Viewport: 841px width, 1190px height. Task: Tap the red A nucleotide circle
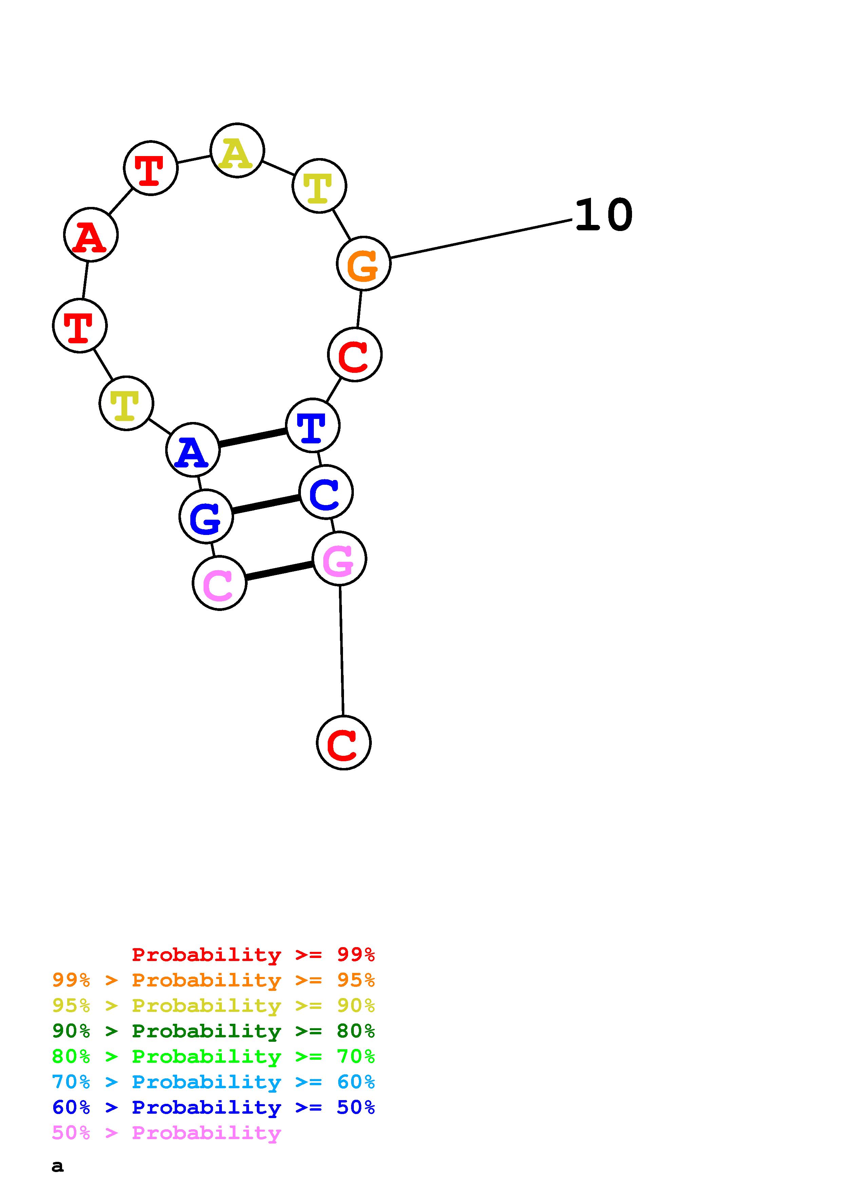pyautogui.click(x=91, y=235)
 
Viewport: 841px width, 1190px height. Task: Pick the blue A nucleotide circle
pyautogui.click(x=193, y=450)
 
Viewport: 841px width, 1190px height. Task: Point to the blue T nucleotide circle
pyautogui.click(x=312, y=425)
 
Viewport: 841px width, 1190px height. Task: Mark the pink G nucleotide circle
pyautogui.click(x=339, y=559)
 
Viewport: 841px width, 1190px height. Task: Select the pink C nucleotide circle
pyautogui.click(x=219, y=583)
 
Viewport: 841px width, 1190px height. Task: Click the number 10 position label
pyautogui.click(x=604, y=215)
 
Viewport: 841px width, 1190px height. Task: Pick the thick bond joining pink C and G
pyautogui.click(x=279, y=571)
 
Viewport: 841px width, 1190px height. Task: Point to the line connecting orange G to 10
pyautogui.click(x=481, y=238)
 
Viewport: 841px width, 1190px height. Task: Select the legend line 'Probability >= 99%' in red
pyautogui.click(x=253, y=955)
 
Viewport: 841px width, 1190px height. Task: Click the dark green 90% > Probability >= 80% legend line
pyautogui.click(x=213, y=1031)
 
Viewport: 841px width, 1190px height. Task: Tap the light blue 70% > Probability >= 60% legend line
pyautogui.click(x=213, y=1082)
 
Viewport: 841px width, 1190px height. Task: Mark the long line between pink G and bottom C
pyautogui.click(x=342, y=650)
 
